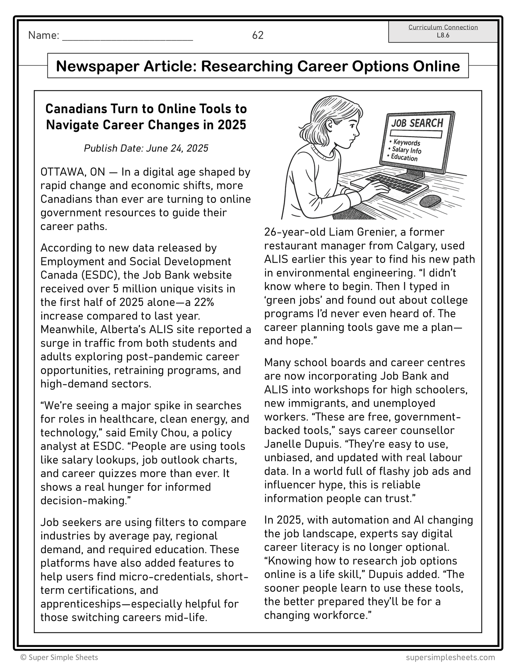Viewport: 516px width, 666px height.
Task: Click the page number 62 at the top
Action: tap(257, 35)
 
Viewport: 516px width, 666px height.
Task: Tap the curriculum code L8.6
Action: tap(443, 35)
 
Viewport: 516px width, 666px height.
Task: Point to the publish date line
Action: tap(146, 148)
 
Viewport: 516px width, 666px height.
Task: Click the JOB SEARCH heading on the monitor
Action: tap(417, 123)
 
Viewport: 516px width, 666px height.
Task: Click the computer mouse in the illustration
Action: tap(430, 201)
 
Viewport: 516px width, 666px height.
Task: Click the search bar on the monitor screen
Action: tap(416, 134)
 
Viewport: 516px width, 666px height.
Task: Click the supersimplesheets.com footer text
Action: tap(450, 657)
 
